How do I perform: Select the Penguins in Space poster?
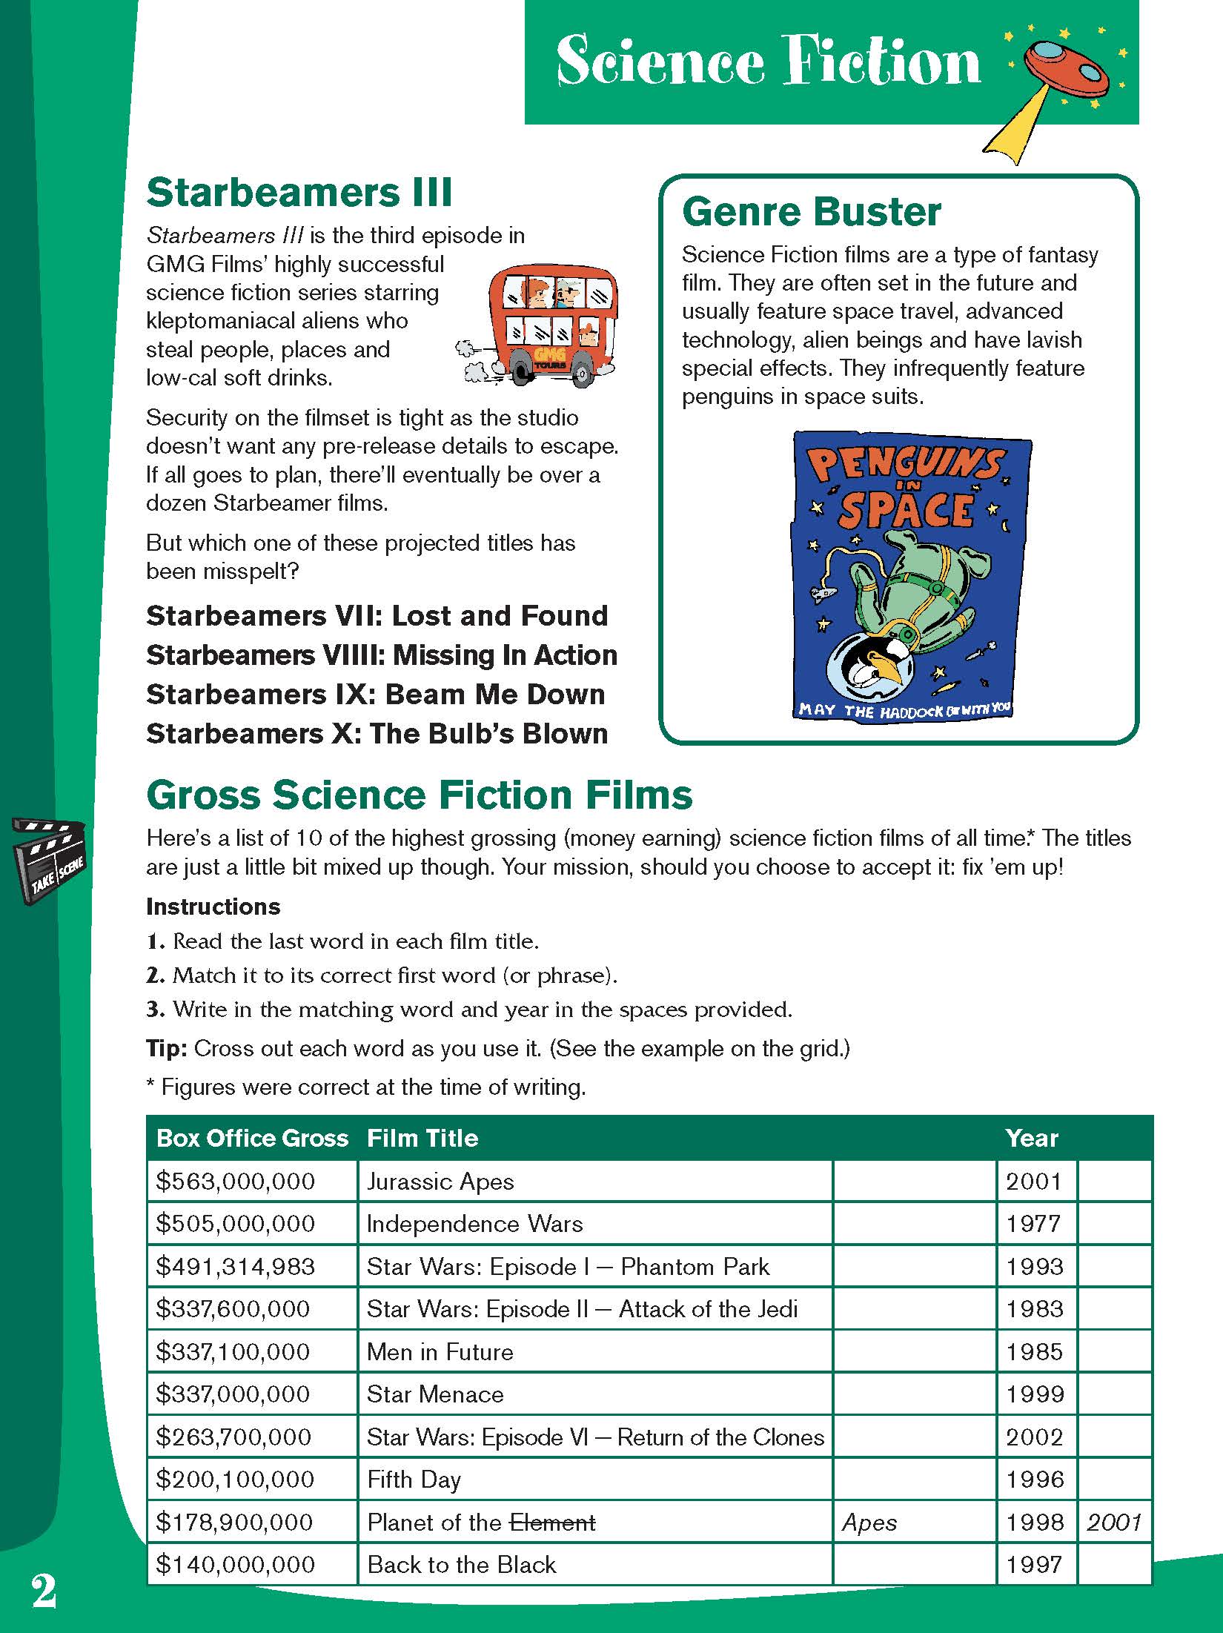pyautogui.click(x=911, y=575)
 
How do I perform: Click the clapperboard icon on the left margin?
pyautogui.click(x=49, y=860)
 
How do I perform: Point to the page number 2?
pyautogui.click(x=44, y=1591)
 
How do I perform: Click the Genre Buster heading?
pyautogui.click(x=811, y=212)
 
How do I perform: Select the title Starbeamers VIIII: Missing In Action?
pyautogui.click(x=381, y=655)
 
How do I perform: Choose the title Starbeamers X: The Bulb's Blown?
pyautogui.click(x=377, y=734)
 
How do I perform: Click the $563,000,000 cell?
pyautogui.click(x=236, y=1182)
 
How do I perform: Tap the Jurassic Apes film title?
pyautogui.click(x=440, y=1182)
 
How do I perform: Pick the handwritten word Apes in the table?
pyautogui.click(x=869, y=1523)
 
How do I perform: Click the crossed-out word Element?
pyautogui.click(x=552, y=1523)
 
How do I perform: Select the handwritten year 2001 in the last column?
pyautogui.click(x=1114, y=1523)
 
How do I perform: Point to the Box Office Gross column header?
pyautogui.click(x=252, y=1139)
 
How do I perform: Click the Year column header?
pyautogui.click(x=1032, y=1139)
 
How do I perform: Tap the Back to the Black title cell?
pyautogui.click(x=461, y=1565)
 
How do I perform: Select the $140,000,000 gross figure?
pyautogui.click(x=236, y=1565)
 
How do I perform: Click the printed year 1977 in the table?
pyautogui.click(x=1035, y=1224)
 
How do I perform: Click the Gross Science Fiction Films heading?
pyautogui.click(x=420, y=795)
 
